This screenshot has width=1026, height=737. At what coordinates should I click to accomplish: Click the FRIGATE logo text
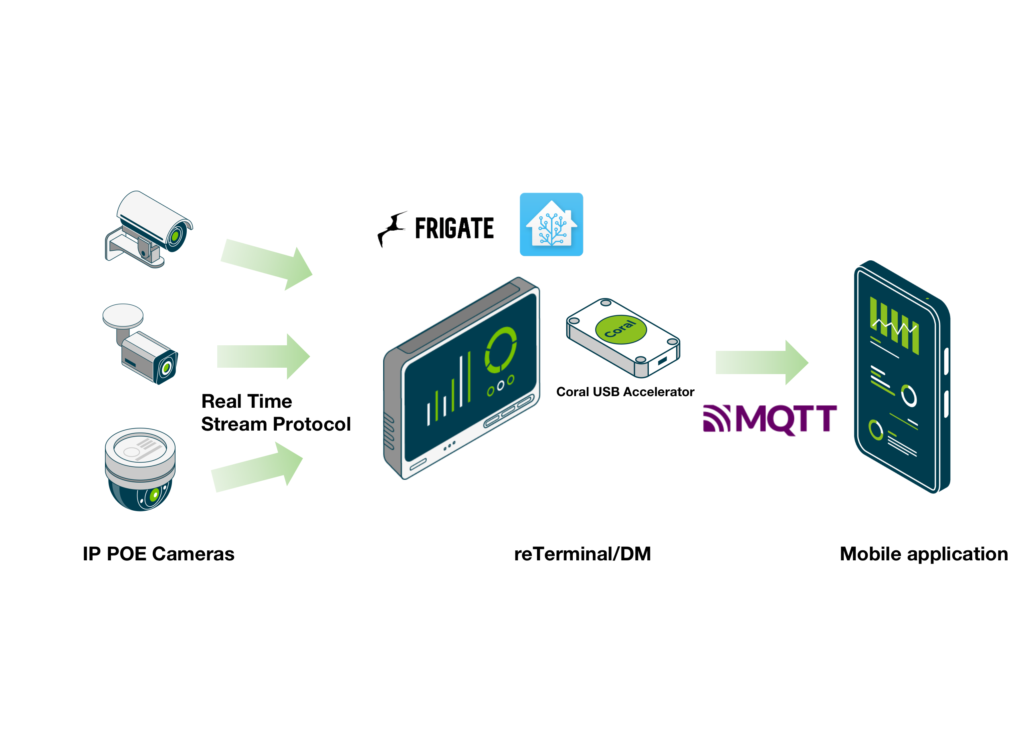click(454, 228)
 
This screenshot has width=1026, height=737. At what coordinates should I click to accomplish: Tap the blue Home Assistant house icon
click(551, 224)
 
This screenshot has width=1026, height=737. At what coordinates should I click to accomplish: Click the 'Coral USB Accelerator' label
click(625, 392)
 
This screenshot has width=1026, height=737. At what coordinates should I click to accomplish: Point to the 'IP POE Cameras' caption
click(158, 554)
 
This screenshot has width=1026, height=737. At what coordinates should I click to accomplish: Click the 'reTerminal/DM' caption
click(582, 554)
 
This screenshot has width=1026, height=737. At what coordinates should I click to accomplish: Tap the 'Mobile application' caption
click(924, 554)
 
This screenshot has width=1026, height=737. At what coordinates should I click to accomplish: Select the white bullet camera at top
click(148, 229)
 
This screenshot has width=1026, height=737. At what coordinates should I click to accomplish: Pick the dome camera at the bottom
click(140, 469)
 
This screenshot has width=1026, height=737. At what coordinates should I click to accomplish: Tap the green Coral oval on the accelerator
click(621, 329)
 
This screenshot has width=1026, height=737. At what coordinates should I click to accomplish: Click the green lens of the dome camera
click(154, 494)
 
